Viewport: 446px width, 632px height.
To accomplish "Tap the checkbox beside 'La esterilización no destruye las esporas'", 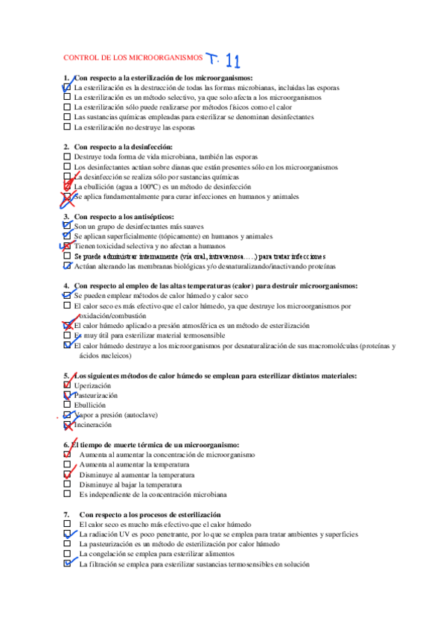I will (x=67, y=127).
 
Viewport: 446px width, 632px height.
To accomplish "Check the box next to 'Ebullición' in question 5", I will (x=67, y=405).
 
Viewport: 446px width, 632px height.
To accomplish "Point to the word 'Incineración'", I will (x=93, y=424).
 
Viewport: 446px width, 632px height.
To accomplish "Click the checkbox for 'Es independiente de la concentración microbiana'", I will (x=67, y=493).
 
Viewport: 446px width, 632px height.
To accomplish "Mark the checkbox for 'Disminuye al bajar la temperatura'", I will (x=67, y=484).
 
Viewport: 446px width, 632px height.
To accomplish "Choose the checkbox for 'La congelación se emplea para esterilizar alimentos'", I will (x=67, y=554).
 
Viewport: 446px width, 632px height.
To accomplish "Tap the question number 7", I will (x=66, y=515).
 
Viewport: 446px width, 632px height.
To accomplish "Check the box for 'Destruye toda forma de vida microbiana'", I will (x=67, y=157).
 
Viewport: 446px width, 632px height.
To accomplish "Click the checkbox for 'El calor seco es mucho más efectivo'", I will (x=67, y=525).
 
